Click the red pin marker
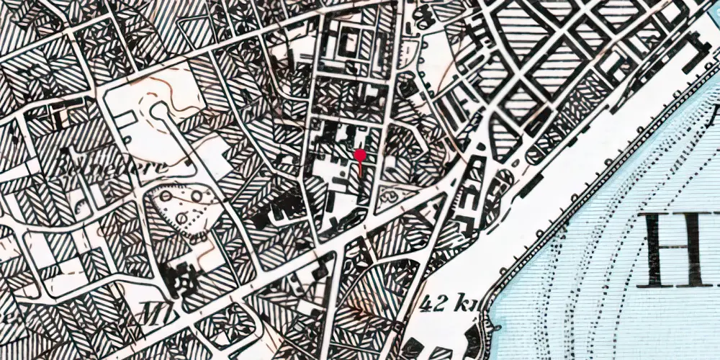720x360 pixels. coord(360,154)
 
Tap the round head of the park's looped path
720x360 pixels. coord(158,112)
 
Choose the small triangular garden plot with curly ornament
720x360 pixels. coord(393,193)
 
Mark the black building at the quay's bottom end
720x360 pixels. coord(474,338)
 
